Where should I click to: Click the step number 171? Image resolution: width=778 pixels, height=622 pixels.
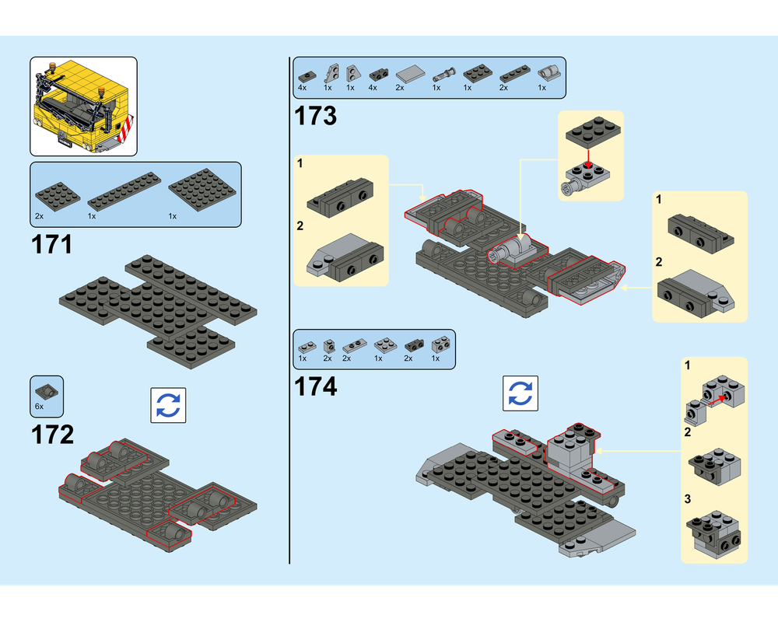point(52,245)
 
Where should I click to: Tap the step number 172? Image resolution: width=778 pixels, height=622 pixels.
point(53,435)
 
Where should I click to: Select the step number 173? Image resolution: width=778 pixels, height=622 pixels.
point(316,116)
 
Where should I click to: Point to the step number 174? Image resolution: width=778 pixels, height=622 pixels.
point(316,386)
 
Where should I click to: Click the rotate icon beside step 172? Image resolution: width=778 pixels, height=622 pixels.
point(168,405)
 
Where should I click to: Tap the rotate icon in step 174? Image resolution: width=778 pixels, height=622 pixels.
point(520,393)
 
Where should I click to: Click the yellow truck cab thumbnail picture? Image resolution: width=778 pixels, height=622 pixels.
point(83,107)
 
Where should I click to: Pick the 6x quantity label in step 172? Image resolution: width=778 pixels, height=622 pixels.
point(39,406)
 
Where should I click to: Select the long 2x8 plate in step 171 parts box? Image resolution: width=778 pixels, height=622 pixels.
point(124,191)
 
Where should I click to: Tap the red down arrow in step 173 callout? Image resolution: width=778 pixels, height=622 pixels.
point(588,158)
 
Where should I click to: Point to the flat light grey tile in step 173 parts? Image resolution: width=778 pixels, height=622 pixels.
point(410,74)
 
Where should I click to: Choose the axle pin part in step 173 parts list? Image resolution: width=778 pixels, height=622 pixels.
point(443,75)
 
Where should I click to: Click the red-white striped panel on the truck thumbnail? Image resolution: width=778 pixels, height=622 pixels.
point(128,130)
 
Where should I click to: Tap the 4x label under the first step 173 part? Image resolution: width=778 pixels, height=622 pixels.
point(302,88)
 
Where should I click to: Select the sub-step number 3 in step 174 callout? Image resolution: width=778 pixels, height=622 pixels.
point(688,498)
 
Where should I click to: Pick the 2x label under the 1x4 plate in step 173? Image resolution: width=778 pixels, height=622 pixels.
point(503,88)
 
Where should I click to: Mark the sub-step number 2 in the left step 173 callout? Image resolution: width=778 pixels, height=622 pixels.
point(300,226)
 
